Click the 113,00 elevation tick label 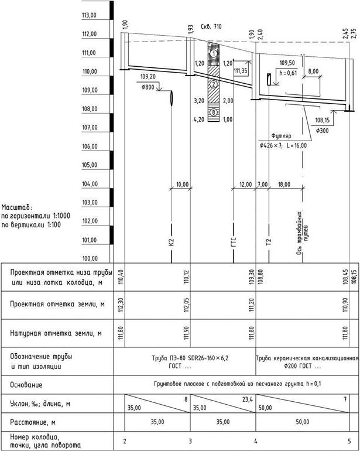[x=90, y=15]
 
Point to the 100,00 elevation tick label [x=90, y=258]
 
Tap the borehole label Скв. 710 [x=211, y=27]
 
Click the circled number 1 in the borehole [x=214, y=54]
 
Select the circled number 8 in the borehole [x=214, y=112]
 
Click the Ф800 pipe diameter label [x=149, y=87]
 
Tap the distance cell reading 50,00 [x=303, y=421]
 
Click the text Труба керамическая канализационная [x=307, y=357]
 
